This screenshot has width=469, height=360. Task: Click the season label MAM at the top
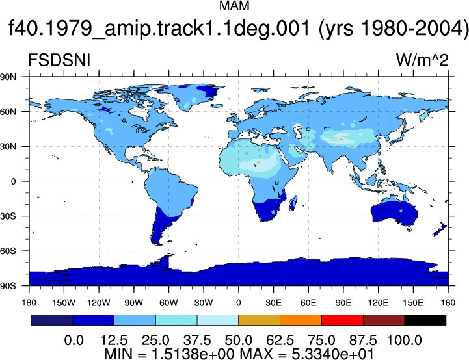[x=234, y=6]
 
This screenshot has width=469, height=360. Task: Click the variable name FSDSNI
[x=59, y=60]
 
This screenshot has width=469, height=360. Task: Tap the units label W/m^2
[x=422, y=60]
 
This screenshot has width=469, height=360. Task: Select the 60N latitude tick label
[x=8, y=112]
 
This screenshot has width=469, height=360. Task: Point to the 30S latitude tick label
[x=8, y=216]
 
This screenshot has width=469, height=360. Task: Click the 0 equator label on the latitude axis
[x=13, y=181]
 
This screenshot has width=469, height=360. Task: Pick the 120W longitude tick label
[x=99, y=303]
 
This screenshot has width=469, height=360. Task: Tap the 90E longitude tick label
[x=343, y=303]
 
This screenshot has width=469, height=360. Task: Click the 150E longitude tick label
[x=413, y=303]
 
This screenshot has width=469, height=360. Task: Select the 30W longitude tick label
[x=204, y=303]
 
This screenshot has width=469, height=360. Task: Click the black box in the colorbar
[x=425, y=320]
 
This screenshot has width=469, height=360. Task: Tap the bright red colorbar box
[x=342, y=320]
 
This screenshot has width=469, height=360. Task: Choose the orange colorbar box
[x=301, y=320]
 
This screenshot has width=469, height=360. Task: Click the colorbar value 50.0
[x=238, y=341]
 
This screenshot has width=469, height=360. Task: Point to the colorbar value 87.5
[x=363, y=341]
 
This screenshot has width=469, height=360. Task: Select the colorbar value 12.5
[x=114, y=341]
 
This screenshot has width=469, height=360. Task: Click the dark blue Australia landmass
[x=394, y=213]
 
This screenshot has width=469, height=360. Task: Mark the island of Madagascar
[x=293, y=203]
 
